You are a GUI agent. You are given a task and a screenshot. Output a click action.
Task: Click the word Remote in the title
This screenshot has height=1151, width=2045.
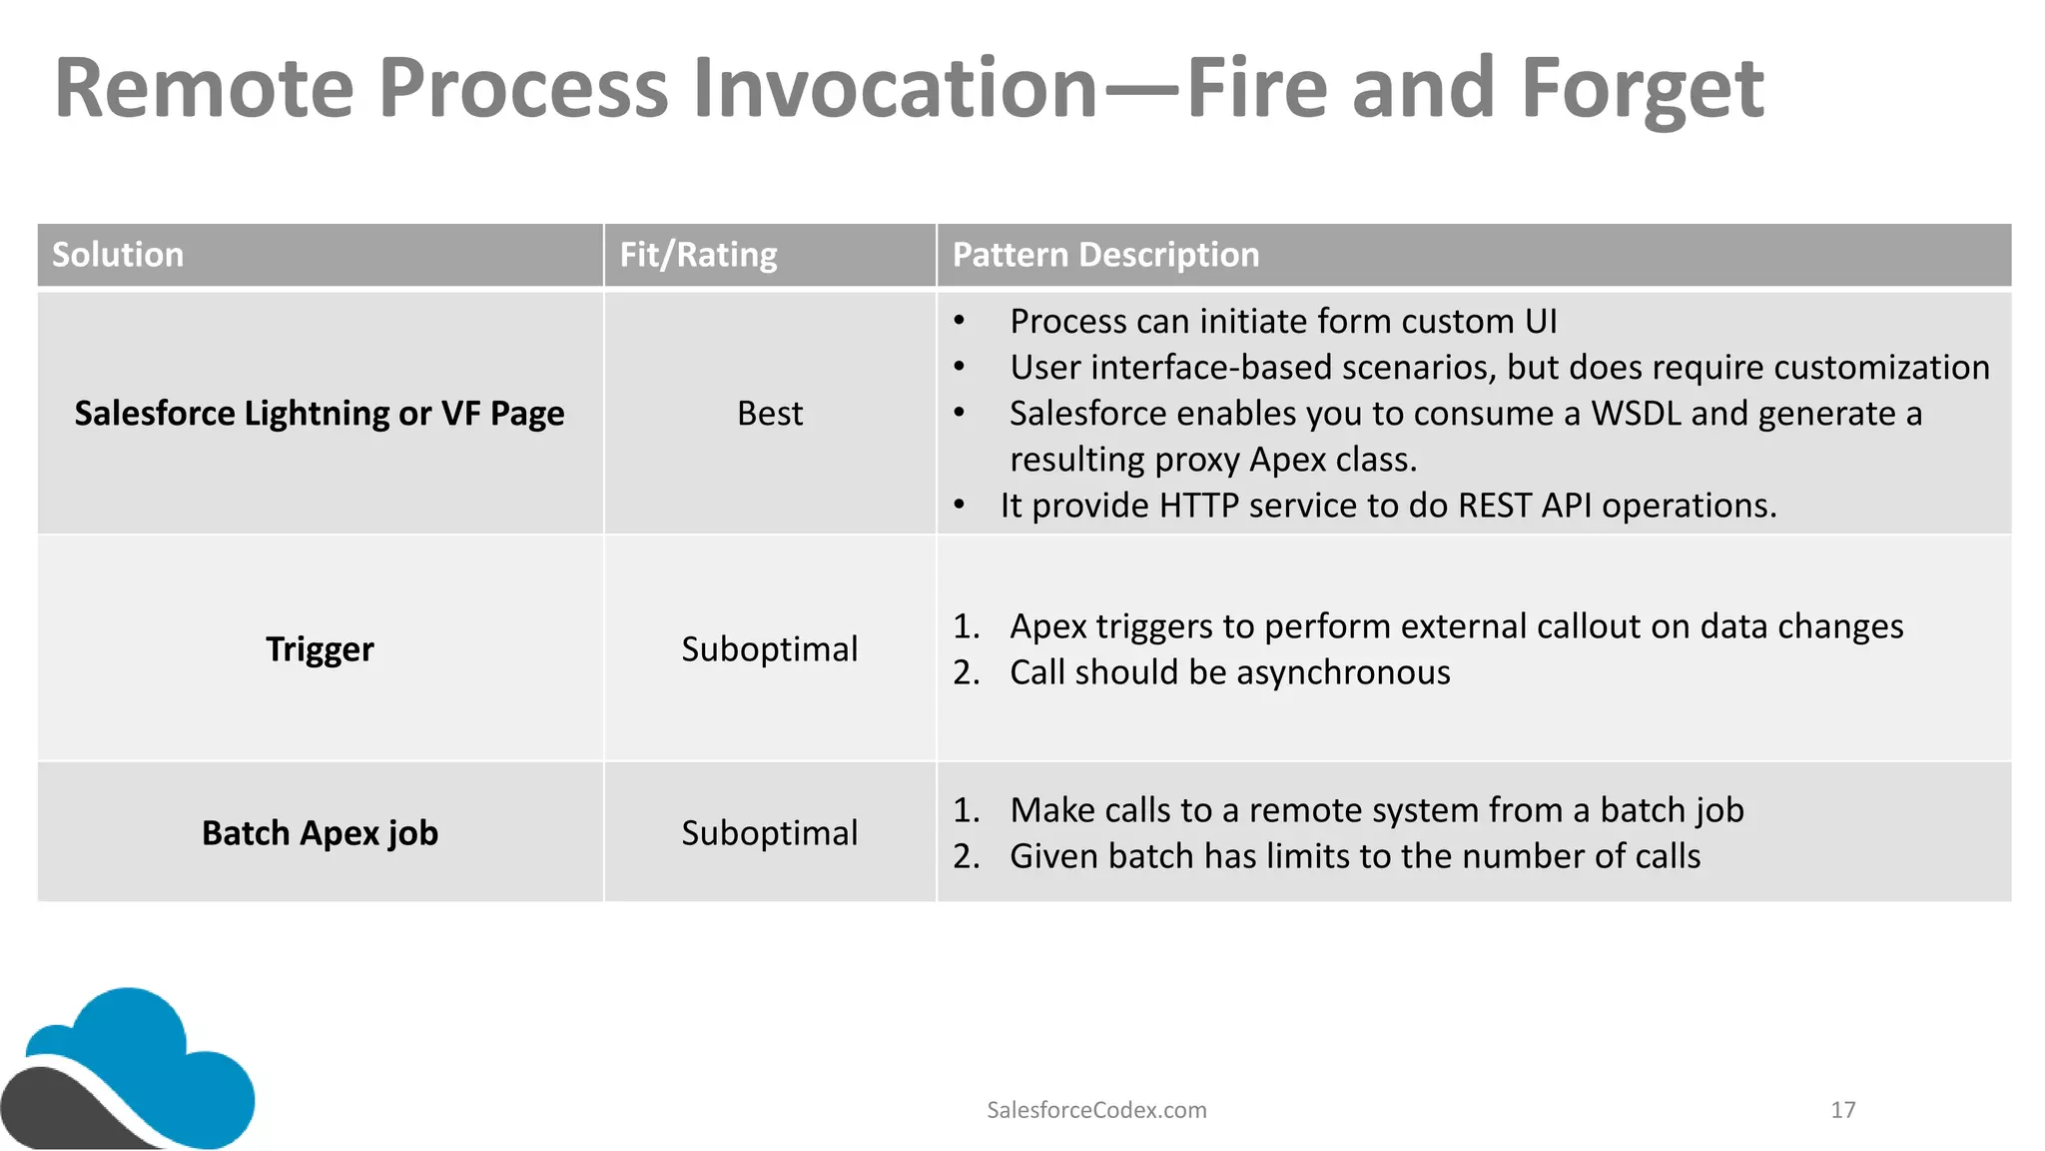[x=204, y=90]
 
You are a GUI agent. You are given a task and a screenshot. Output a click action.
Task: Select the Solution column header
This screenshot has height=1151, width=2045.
[x=118, y=255]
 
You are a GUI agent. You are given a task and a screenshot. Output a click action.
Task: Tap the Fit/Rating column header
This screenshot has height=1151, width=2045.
[x=698, y=255]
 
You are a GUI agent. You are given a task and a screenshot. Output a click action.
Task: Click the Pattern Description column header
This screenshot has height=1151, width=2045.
[x=1105, y=255]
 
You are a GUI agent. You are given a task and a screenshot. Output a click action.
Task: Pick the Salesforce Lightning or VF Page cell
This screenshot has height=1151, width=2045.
[x=320, y=414]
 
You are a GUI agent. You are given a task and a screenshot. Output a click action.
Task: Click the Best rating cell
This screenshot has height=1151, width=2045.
[x=769, y=414]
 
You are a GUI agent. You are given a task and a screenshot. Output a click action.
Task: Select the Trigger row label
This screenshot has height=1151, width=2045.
[x=320, y=649]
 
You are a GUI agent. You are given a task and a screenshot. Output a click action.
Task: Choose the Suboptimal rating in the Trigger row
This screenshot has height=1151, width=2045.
[x=769, y=649]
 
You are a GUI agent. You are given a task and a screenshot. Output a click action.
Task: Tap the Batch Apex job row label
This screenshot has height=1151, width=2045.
[x=320, y=833]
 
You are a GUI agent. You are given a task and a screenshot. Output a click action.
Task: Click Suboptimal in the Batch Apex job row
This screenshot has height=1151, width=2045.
[x=769, y=833]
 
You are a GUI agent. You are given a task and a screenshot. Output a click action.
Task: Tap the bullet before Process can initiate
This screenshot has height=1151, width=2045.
[x=959, y=322]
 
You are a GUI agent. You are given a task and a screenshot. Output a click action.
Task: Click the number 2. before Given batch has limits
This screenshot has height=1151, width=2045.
[x=966, y=857]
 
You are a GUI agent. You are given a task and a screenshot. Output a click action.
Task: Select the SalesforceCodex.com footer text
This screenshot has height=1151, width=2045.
[x=1096, y=1110]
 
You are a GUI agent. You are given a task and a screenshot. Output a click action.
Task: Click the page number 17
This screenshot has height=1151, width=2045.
[x=1842, y=1110]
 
